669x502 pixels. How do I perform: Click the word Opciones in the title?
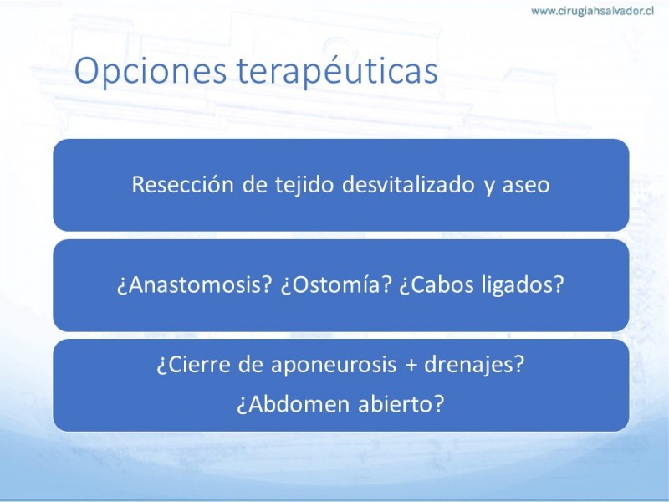151,71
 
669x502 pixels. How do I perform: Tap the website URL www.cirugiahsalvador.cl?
592,11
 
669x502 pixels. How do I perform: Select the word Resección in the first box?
182,185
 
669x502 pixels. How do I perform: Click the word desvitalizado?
408,185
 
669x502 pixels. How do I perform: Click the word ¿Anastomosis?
195,284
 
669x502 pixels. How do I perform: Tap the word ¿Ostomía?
336,284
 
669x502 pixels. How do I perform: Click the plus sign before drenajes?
411,366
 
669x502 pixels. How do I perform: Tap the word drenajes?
474,366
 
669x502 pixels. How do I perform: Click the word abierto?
401,403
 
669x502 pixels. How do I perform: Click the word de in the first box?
255,185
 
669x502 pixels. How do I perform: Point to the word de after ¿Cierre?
250,365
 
